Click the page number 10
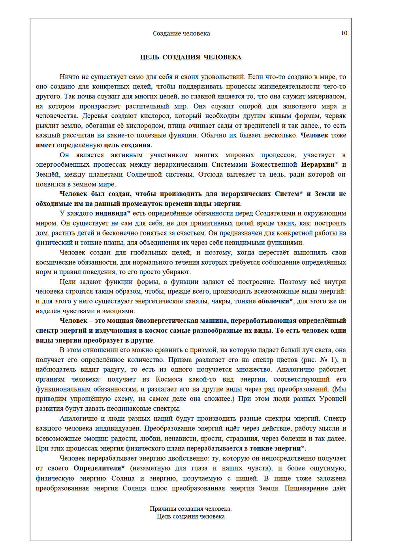(x=344, y=33)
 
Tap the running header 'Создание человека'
(x=181, y=34)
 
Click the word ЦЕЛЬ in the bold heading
(x=150, y=57)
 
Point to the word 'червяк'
(x=336, y=116)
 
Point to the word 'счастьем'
(x=191, y=233)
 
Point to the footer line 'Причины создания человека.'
(x=191, y=509)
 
